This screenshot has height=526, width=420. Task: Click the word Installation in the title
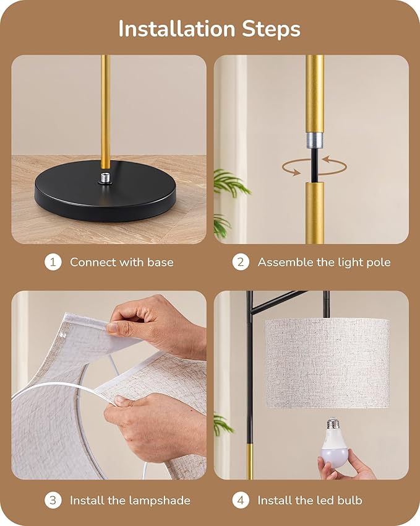(x=176, y=28)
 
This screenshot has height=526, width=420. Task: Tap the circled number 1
(x=53, y=262)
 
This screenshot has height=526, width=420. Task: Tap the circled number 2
(x=241, y=262)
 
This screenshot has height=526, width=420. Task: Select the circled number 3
(x=53, y=500)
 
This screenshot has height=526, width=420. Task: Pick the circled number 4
(x=241, y=500)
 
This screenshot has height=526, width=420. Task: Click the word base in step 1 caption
(x=160, y=262)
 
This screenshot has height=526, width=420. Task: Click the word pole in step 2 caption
(x=378, y=262)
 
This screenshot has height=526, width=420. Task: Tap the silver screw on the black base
(x=105, y=178)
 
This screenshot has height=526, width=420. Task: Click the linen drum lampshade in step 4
(x=327, y=362)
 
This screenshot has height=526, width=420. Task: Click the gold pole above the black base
(x=105, y=112)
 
